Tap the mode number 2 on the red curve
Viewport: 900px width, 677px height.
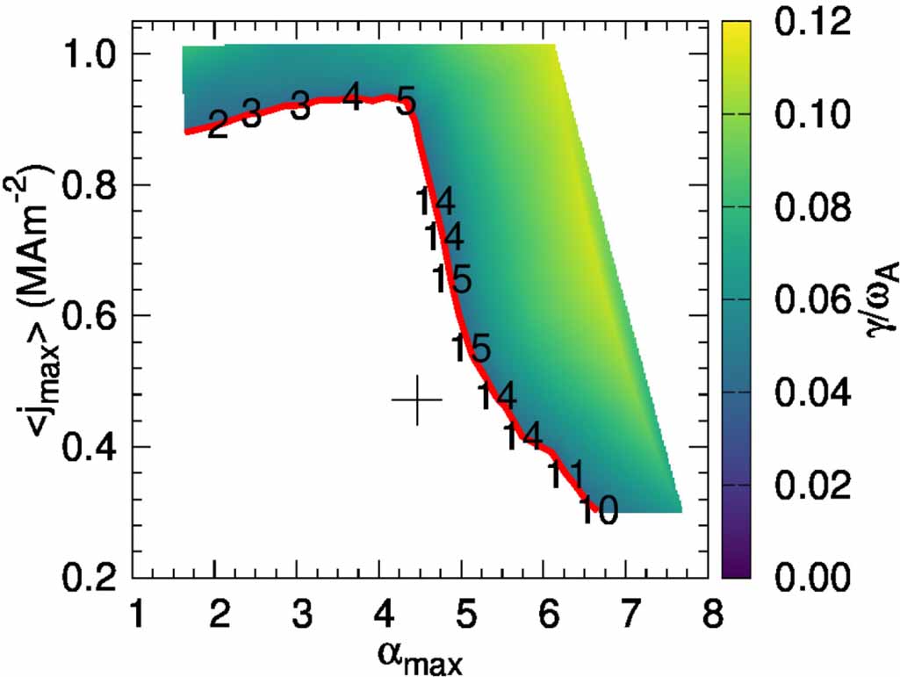pyautogui.click(x=217, y=124)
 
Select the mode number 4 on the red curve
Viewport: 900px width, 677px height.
pyautogui.click(x=352, y=97)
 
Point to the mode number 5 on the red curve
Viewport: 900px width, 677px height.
pyautogui.click(x=405, y=102)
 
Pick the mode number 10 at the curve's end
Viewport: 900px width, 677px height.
pyautogui.click(x=598, y=511)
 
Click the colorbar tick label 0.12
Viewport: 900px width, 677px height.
pyautogui.click(x=813, y=24)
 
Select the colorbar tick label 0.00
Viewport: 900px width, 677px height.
pyautogui.click(x=813, y=577)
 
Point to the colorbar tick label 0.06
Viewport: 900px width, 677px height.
pyautogui.click(x=813, y=300)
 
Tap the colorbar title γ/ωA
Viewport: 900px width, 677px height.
pyautogui.click(x=879, y=302)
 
